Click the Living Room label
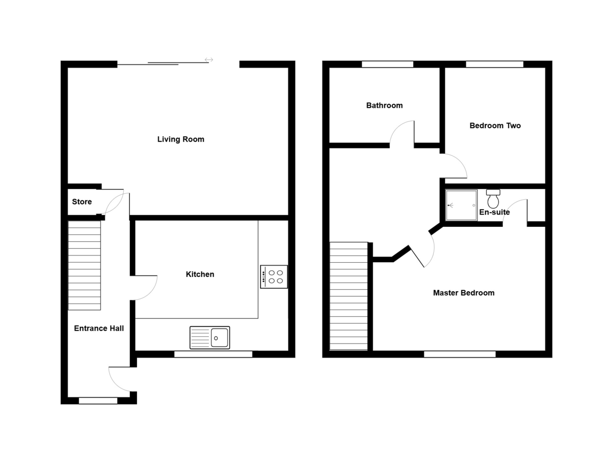click(x=180, y=139)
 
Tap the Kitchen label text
click(x=200, y=274)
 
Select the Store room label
click(x=82, y=202)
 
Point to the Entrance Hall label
click(x=99, y=329)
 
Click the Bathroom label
click(x=384, y=105)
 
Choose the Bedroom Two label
click(x=495, y=125)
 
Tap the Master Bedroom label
click(x=463, y=293)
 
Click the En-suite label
click(x=494, y=212)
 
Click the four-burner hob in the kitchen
click(x=274, y=276)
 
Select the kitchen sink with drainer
click(x=209, y=338)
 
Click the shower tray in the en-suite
click(x=461, y=205)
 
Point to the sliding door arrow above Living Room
click(x=209, y=60)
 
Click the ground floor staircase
click(x=84, y=265)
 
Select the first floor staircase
click(x=349, y=296)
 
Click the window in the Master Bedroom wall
click(x=459, y=354)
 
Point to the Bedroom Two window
click(x=494, y=64)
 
